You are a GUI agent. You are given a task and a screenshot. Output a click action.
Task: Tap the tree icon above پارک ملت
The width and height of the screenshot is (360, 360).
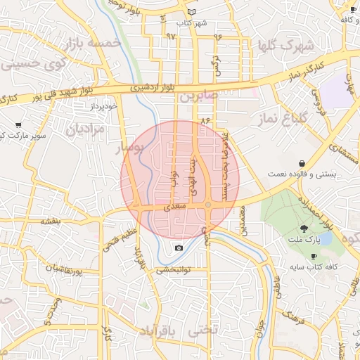[304, 228]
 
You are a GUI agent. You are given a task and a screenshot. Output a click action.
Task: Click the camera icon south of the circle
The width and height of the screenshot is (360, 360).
[179, 247]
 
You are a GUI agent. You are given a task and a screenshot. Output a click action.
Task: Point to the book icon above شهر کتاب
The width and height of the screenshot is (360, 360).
[192, 13]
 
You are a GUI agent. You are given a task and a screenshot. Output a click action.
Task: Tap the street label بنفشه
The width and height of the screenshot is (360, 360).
[51, 221]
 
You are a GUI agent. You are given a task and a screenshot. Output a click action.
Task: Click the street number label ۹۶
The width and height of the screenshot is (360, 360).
[218, 37]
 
